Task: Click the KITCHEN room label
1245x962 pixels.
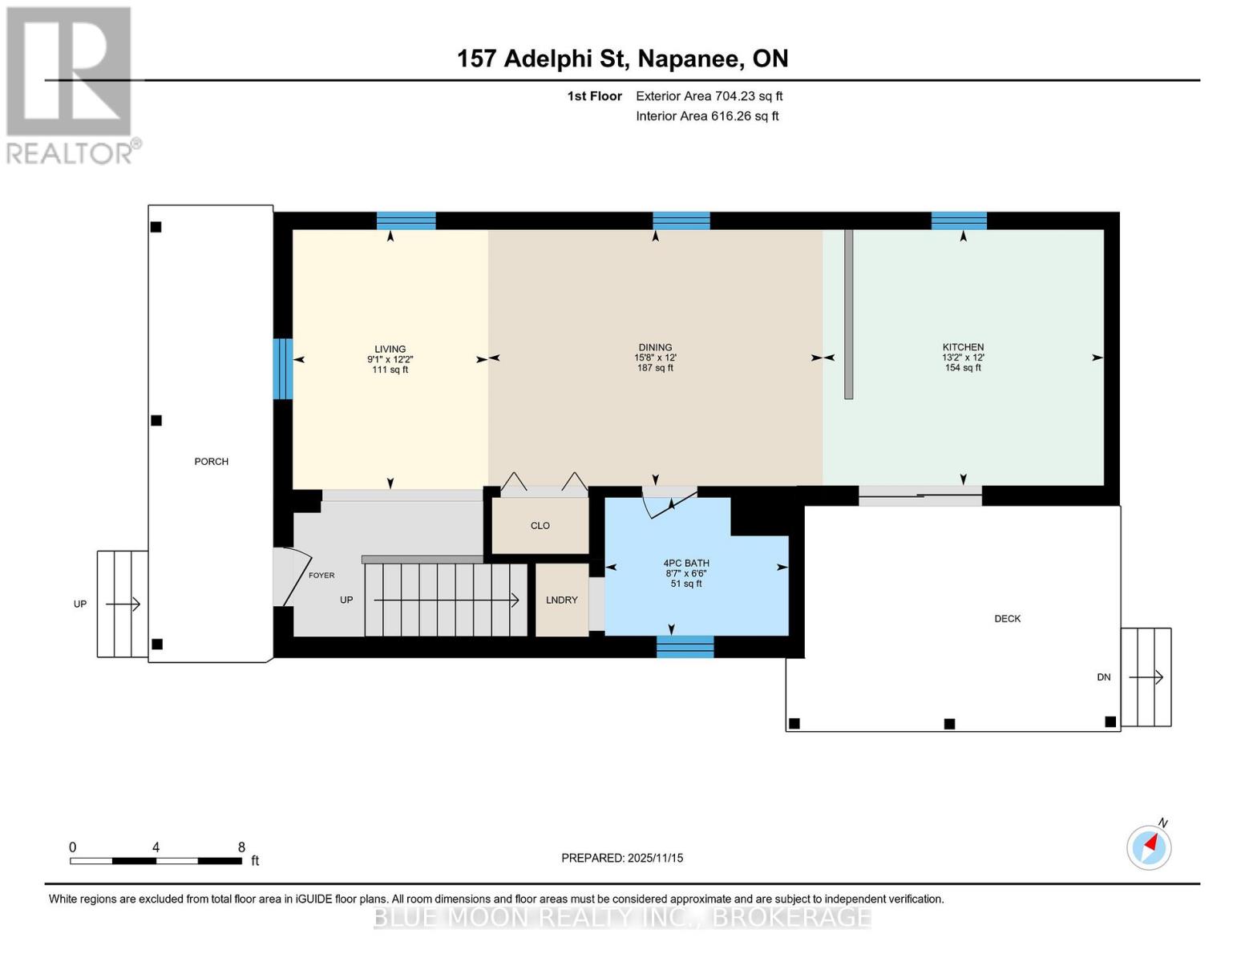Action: pyautogui.click(x=963, y=346)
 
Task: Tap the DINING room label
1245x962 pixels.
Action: pyautogui.click(x=655, y=347)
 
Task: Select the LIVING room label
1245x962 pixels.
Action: pyautogui.click(x=390, y=349)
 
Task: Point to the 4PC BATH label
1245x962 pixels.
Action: pyautogui.click(x=685, y=564)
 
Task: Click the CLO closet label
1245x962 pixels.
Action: pyautogui.click(x=540, y=525)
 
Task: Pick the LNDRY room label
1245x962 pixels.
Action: pyautogui.click(x=561, y=600)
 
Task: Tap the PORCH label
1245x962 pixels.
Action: pyautogui.click(x=211, y=461)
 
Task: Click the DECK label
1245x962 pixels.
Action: pyautogui.click(x=1007, y=618)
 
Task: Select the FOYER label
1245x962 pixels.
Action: pyautogui.click(x=321, y=576)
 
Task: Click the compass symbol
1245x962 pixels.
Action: pyautogui.click(x=1149, y=847)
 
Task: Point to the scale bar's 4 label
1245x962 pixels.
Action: pyautogui.click(x=156, y=847)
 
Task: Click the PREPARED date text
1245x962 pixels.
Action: pyautogui.click(x=621, y=858)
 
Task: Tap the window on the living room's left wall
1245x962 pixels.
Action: pyautogui.click(x=282, y=369)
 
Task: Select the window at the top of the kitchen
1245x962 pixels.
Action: pyautogui.click(x=959, y=220)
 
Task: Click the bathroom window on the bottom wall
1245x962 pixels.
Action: pyautogui.click(x=685, y=647)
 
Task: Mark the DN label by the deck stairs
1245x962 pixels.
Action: pyautogui.click(x=1103, y=677)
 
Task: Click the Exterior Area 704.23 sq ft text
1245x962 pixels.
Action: pyautogui.click(x=709, y=96)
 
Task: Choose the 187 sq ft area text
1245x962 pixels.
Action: pyautogui.click(x=655, y=368)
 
